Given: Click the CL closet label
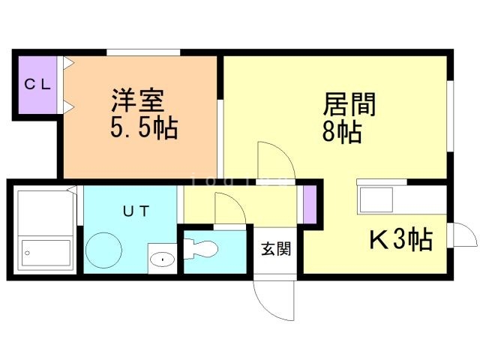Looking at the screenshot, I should click(x=36, y=84).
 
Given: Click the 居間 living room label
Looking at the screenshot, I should click(x=349, y=103).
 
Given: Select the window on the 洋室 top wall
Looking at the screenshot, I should click(x=143, y=52).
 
